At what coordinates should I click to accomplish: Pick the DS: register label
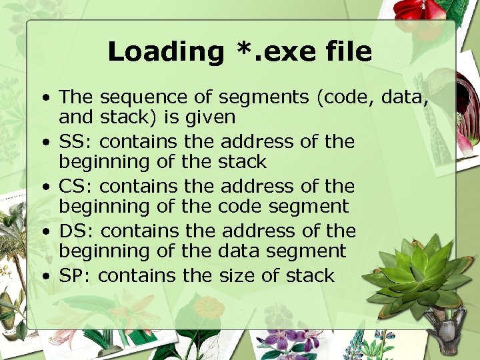[77, 231]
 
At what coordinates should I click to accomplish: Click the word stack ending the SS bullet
[242, 162]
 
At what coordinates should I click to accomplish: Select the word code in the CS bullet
[241, 207]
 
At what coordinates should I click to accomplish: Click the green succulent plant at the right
[419, 273]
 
